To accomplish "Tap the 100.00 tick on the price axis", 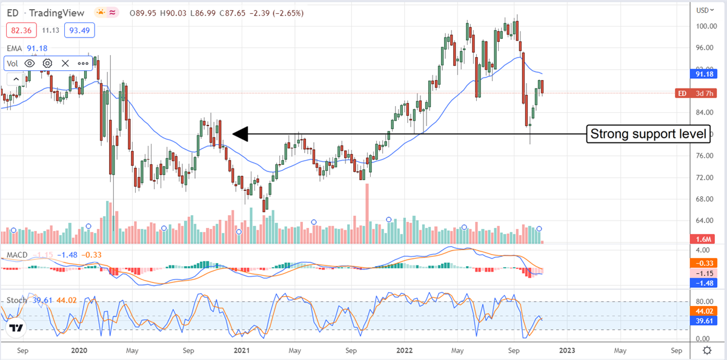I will (703, 26).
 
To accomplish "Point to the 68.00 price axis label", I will (703, 199).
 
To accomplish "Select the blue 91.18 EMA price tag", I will (705, 74).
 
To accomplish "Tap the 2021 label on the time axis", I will (241, 350).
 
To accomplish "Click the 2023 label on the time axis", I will (567, 350).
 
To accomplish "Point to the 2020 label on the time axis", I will (79, 350).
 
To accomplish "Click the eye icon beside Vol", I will (30, 63).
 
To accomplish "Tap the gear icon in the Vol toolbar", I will (47, 63).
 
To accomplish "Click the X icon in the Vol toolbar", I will (65, 63).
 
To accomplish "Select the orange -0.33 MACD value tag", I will (705, 262).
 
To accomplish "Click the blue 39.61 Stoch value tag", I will (705, 321).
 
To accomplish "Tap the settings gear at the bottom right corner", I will (706, 350).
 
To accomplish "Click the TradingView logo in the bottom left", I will (16, 328).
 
